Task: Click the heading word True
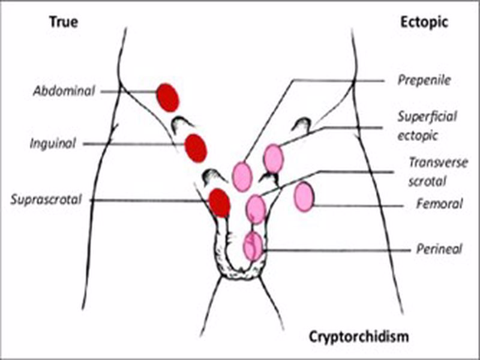pos(64,22)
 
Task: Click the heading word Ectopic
pos(423,22)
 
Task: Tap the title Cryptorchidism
pos(359,335)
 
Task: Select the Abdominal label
pos(64,91)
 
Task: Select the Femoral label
pos(439,204)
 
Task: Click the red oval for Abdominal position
pos(167,97)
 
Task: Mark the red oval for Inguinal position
pos(196,148)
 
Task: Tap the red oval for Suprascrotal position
pos(219,202)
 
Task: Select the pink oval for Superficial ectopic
pos(273,158)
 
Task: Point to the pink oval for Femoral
pos(304,197)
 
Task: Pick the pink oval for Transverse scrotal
pos(256,208)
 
